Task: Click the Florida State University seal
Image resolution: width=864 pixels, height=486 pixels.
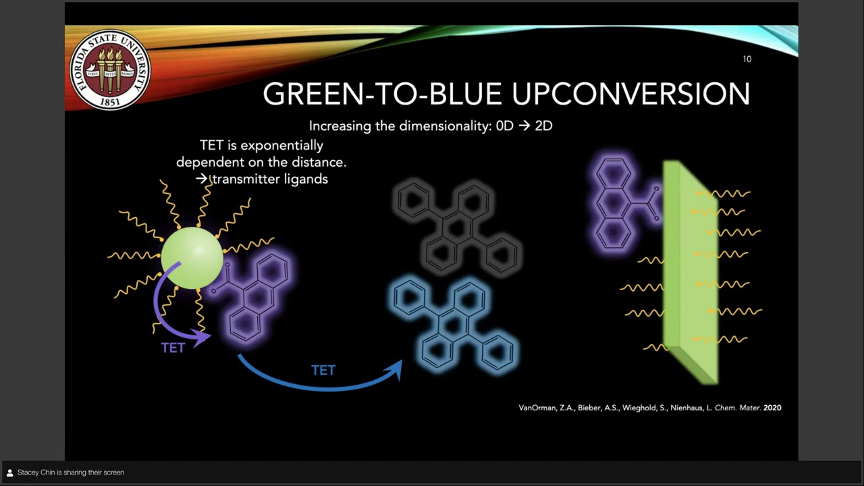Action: click(109, 70)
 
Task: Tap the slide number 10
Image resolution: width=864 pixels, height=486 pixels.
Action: click(747, 59)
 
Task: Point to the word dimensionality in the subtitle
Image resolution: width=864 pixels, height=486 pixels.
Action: click(446, 126)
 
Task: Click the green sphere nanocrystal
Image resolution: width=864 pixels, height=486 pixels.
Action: click(192, 258)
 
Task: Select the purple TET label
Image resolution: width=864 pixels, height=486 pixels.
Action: click(173, 348)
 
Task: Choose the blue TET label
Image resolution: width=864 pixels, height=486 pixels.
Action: click(323, 370)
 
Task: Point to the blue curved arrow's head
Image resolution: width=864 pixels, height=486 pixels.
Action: click(394, 369)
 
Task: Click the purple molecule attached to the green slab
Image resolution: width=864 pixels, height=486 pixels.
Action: click(619, 203)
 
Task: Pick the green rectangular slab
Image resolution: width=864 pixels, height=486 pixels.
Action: click(688, 270)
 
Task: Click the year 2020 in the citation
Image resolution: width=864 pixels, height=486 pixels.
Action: click(772, 408)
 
